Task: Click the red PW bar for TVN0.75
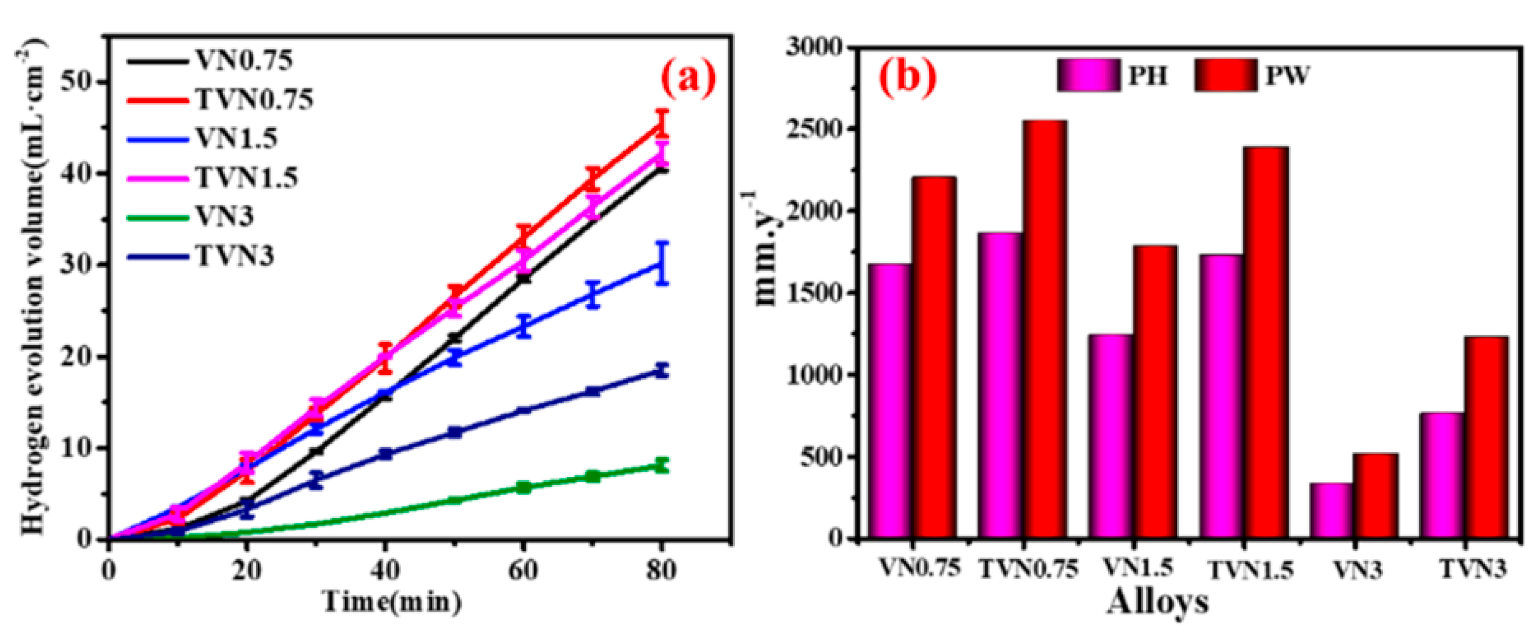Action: pos(1045,328)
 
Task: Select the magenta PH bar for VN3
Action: pos(1331,510)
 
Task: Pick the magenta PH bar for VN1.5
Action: pos(1110,436)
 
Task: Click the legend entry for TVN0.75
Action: pos(254,100)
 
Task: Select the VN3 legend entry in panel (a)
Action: pos(224,216)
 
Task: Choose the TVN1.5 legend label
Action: pos(247,178)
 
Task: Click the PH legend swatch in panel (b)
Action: pos(1088,75)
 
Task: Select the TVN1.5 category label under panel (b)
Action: pos(1251,571)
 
